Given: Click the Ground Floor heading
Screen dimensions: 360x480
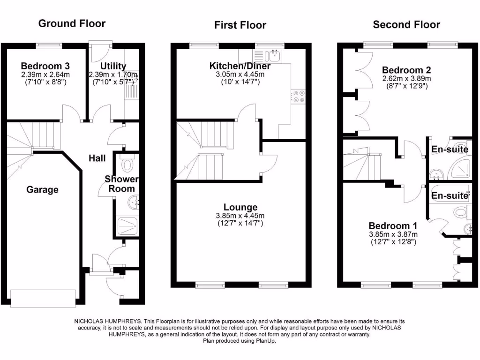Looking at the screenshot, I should pos(72,23).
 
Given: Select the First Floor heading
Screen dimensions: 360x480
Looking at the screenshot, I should pos(240,25).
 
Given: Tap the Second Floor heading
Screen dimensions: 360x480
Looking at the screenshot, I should pos(406,24).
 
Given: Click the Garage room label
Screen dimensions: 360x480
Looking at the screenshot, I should pos(42,190).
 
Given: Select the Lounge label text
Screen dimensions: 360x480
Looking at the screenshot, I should pos(240,207).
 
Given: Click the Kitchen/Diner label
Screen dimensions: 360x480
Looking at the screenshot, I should pos(240,66).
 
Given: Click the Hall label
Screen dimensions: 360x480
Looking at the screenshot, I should pos(97,158).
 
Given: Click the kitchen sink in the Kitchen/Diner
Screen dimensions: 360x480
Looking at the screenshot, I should pos(273,56).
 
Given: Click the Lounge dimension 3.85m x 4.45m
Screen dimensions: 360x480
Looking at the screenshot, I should pos(240,216).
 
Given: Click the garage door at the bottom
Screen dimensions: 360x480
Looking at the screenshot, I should pos(43,298).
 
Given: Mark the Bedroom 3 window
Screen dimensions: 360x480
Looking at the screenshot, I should pos(50,45).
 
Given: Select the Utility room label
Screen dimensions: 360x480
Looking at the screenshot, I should pos(113,66).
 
